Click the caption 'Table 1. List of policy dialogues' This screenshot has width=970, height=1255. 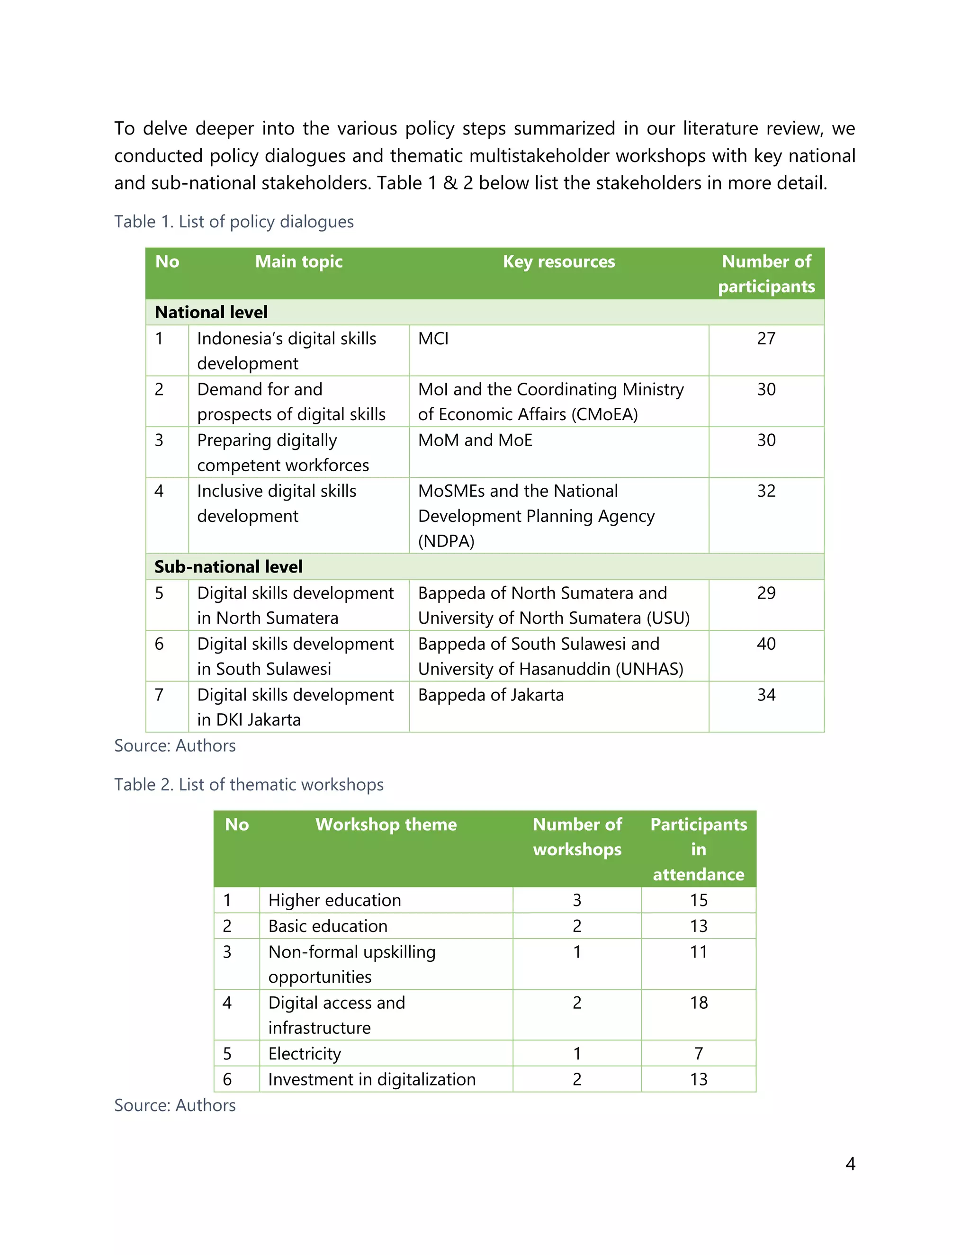234,222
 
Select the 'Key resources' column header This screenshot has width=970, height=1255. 558,262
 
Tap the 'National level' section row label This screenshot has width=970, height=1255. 211,312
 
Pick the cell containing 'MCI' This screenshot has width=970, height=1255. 433,339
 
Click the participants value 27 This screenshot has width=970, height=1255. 766,339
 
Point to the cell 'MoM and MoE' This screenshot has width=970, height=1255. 475,440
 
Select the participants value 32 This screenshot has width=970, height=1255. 766,491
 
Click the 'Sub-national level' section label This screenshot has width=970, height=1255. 228,566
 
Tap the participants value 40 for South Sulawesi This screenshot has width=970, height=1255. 766,644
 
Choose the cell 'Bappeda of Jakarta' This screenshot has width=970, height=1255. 491,695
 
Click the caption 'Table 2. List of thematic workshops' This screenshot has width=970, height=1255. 249,784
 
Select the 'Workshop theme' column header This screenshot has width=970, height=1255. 386,825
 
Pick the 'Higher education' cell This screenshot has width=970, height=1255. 334,900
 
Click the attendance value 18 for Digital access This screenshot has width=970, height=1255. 699,1003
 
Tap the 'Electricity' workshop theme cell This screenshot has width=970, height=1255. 305,1053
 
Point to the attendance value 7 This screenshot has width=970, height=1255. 699,1053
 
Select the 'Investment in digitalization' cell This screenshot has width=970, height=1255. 372,1079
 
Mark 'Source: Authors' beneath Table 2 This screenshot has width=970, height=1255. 175,1105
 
